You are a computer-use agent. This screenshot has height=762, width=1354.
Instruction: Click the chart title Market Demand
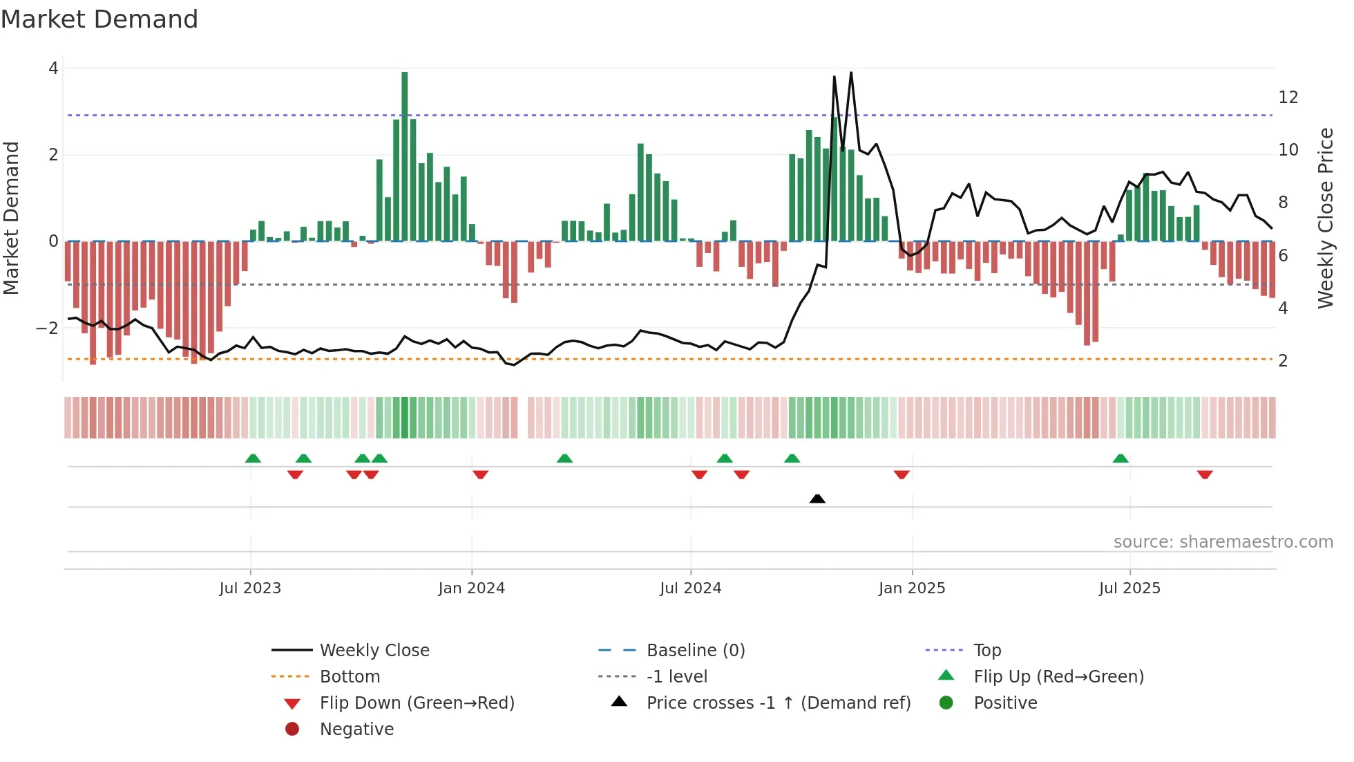pos(99,19)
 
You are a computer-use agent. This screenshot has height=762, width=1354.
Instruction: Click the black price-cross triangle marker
pos(817,499)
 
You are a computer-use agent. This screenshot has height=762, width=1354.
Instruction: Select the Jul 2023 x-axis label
pos(250,588)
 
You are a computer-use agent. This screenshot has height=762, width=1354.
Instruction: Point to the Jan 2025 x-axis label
pos(912,588)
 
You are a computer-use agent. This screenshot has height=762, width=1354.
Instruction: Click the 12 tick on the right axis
pos(1288,97)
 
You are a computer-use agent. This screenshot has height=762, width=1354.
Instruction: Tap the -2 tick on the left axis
pos(47,328)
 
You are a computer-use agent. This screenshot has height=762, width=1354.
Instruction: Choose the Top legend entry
pos(987,651)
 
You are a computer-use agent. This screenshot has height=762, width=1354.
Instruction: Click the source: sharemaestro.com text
pos(1223,542)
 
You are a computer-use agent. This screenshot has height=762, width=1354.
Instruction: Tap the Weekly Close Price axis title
pos(1325,218)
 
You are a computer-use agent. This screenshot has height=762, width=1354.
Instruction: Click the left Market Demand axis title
pos(12,218)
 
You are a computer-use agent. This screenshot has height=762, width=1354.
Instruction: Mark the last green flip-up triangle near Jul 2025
pos(1121,458)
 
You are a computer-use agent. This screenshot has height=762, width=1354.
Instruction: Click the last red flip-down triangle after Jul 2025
pos(1205,474)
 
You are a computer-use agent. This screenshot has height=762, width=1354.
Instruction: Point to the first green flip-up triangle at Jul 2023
pos(253,458)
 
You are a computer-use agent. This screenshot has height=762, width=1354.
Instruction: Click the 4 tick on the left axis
pos(53,68)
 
